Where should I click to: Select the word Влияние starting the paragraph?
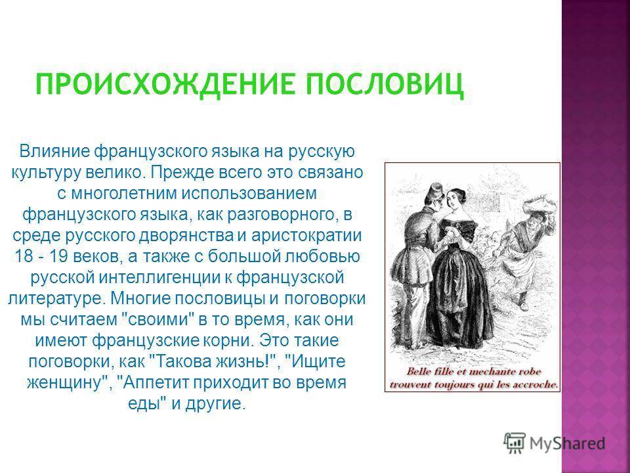coord(54,152)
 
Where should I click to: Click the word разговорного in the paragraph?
coord(281,214)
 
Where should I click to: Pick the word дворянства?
coord(186,235)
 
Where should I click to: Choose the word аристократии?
coord(306,235)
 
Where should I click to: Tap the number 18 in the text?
coord(24,256)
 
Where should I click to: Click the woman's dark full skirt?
coord(459,294)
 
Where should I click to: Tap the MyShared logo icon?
coord(514,443)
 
